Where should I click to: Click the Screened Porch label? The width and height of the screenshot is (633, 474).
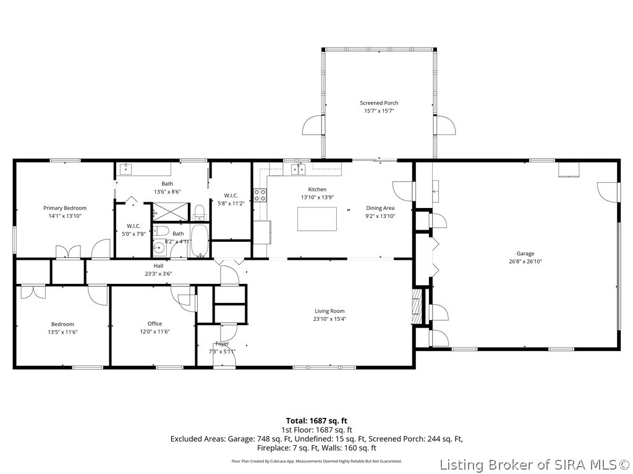(379, 103)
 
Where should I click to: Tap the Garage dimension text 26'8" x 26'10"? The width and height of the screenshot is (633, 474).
(525, 261)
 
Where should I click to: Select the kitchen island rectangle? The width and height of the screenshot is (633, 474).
(317, 219)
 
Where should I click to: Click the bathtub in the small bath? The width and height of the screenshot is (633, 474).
(199, 241)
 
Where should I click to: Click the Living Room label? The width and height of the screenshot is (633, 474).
(329, 311)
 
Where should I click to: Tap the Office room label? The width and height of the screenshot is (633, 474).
(155, 323)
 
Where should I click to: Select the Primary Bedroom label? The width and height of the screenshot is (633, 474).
(65, 208)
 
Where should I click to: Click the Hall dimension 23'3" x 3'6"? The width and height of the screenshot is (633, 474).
(158, 274)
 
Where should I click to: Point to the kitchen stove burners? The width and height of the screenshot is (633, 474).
(260, 195)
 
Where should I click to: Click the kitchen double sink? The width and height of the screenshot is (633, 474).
(299, 169)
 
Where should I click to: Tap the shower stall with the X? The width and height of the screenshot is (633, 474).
(171, 212)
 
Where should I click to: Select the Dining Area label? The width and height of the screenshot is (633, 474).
(380, 208)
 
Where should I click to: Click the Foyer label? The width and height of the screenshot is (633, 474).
(222, 344)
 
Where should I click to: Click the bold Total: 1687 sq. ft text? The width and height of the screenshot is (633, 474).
(316, 421)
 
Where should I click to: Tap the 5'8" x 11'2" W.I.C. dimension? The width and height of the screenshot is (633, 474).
(231, 204)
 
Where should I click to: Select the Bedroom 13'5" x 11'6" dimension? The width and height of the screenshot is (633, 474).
(62, 332)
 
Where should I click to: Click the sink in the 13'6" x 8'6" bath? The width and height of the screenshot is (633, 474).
(126, 168)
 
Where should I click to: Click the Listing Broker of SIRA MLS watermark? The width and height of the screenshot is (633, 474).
(535, 465)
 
